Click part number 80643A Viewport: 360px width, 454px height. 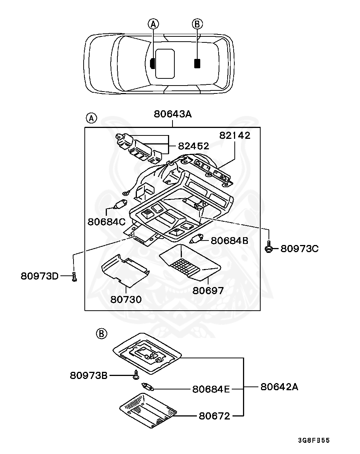pyautogui.click(x=172, y=114)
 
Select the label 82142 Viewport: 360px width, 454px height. pyautogui.click(x=235, y=135)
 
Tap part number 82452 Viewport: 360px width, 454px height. pyautogui.click(x=193, y=146)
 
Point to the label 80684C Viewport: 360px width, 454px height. pyautogui.click(x=106, y=222)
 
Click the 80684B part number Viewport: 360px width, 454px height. pyautogui.click(x=229, y=241)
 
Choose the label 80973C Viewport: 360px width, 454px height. pyautogui.click(x=300, y=248)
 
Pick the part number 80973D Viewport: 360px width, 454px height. pyautogui.click(x=40, y=276)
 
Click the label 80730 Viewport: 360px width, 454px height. pyautogui.click(x=126, y=299)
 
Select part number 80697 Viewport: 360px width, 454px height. pyautogui.click(x=208, y=290)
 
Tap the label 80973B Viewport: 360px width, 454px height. pyautogui.click(x=89, y=375)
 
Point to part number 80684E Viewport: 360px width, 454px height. pyautogui.click(x=211, y=389)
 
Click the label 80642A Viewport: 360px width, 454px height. pyautogui.click(x=279, y=387)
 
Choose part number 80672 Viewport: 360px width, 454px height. pyautogui.click(x=214, y=416)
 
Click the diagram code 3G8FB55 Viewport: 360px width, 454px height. pyautogui.click(x=314, y=440)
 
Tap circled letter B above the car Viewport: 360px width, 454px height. pyautogui.click(x=197, y=24)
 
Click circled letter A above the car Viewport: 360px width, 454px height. pyautogui.click(x=153, y=24)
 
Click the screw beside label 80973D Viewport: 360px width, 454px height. pyautogui.click(x=74, y=277)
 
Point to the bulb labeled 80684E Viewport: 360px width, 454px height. pyautogui.click(x=147, y=386)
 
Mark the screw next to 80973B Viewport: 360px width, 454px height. pyautogui.click(x=136, y=374)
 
